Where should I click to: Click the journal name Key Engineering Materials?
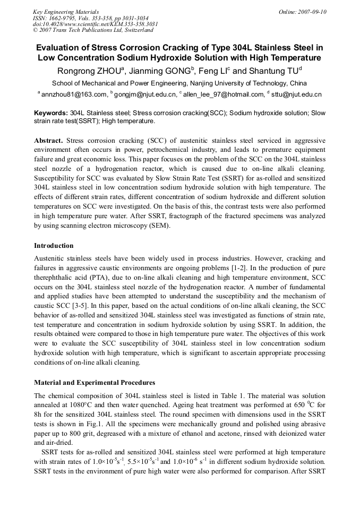pos(66,12)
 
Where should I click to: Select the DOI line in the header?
pos(96,24)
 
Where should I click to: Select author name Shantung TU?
pos(273,71)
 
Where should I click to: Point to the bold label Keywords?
pos(51,113)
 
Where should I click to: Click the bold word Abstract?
pos(48,141)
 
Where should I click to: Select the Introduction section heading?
pos(54,246)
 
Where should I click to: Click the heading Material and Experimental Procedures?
pos(95,383)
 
